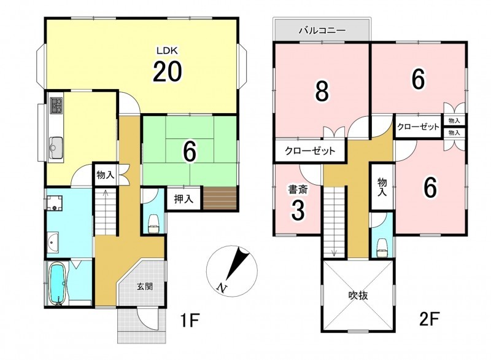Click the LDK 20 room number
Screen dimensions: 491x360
(x=167, y=71)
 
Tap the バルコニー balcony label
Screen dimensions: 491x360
(x=322, y=30)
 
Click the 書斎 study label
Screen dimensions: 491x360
(x=298, y=190)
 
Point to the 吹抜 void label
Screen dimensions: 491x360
(x=358, y=295)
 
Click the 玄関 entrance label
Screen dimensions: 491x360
(x=145, y=286)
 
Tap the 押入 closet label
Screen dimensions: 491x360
(x=184, y=198)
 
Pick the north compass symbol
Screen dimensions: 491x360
(x=232, y=271)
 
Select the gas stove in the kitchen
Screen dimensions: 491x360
(x=56, y=105)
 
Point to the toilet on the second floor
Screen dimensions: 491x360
(x=382, y=248)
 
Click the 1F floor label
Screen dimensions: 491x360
(x=190, y=320)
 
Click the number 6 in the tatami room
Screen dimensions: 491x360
(x=190, y=152)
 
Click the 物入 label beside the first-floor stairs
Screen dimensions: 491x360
(x=106, y=174)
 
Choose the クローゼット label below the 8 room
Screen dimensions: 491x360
(x=310, y=151)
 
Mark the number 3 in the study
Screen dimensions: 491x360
(x=298, y=211)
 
